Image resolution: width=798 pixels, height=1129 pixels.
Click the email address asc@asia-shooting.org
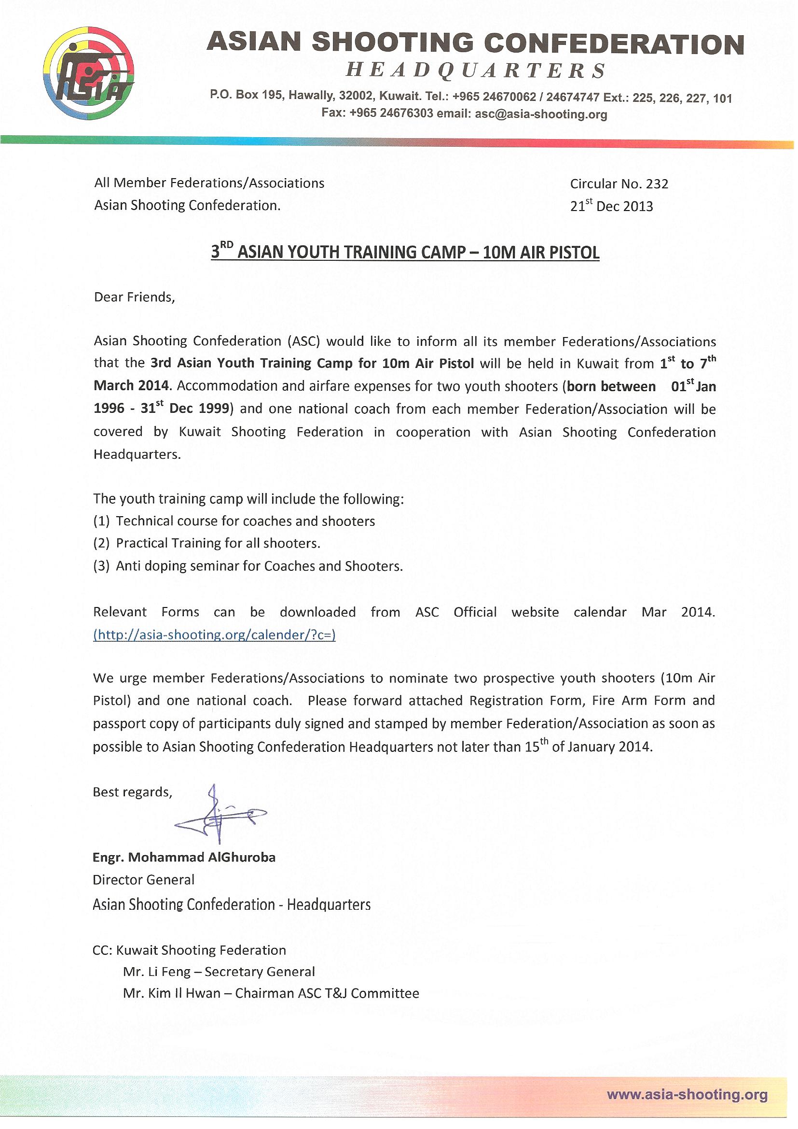[541, 114]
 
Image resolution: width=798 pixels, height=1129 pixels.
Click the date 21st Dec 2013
[611, 206]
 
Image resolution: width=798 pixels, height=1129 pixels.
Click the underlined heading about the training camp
[405, 252]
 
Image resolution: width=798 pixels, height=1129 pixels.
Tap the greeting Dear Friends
[134, 297]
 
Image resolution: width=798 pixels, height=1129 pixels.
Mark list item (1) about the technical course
[234, 521]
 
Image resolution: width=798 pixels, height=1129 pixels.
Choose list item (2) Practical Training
[206, 543]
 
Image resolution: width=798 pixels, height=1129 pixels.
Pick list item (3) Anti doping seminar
[248, 566]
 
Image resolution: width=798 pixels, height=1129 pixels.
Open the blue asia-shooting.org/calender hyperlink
[214, 635]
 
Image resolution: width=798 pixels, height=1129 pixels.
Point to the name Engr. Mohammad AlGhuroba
[184, 858]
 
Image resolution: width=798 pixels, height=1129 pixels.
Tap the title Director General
[143, 880]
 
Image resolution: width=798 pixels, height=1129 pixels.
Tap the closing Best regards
[132, 792]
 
